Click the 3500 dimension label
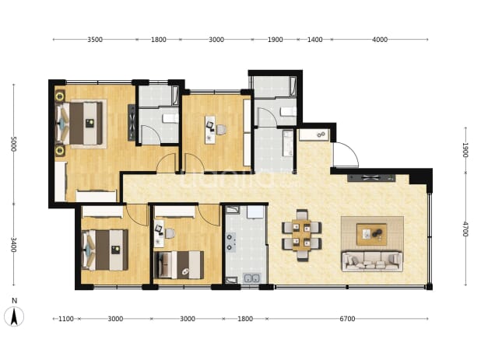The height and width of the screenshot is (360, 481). [95, 40]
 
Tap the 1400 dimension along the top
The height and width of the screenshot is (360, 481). [314, 40]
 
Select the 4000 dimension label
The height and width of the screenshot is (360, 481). [380, 40]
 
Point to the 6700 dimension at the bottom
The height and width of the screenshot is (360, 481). [347, 319]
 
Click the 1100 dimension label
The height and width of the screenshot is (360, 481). [66, 319]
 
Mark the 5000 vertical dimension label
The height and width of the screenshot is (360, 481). [13, 144]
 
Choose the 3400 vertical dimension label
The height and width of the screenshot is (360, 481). [13, 244]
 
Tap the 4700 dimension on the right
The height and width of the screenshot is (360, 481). [465, 229]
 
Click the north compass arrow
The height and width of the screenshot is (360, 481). [14, 316]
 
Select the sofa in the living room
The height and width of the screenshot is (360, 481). [372, 261]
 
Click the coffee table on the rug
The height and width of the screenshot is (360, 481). [371, 234]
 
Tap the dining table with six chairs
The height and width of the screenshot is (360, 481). [302, 235]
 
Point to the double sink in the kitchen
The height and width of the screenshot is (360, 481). [251, 278]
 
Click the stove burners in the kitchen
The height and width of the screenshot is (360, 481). [230, 242]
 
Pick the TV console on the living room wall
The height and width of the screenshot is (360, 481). [371, 178]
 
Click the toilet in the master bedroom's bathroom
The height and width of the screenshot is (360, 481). [170, 118]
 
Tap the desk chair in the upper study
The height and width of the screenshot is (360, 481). [222, 130]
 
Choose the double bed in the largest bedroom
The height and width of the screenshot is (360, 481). [79, 124]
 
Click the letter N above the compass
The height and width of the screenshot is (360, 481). [15, 301]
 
